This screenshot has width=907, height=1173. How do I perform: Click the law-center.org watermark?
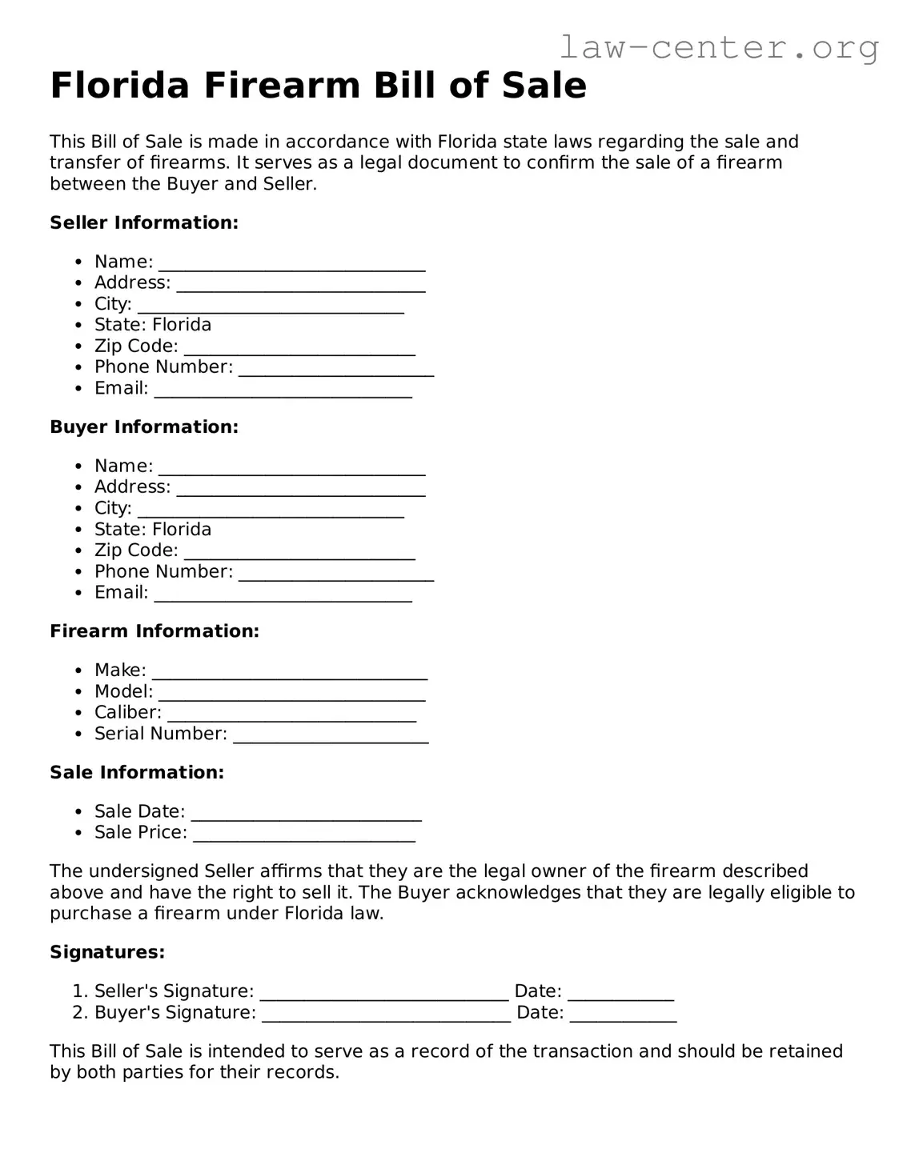click(718, 47)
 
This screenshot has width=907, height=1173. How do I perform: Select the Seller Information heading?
click(144, 222)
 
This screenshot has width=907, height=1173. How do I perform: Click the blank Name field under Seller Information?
click(291, 264)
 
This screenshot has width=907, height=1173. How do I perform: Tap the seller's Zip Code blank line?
click(299, 348)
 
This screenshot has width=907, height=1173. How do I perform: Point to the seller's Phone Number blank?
click(336, 369)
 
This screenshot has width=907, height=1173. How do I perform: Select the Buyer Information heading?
click(144, 426)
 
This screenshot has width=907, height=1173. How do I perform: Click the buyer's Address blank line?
click(301, 489)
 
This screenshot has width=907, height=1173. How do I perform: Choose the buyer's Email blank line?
click(283, 595)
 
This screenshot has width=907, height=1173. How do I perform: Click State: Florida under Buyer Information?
click(153, 530)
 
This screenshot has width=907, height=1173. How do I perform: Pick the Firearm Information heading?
click(155, 631)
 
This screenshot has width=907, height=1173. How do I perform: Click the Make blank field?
click(290, 672)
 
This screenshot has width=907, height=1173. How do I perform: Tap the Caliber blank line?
click(291, 715)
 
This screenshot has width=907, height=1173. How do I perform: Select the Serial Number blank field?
click(331, 735)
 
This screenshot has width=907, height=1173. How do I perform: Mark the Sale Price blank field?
click(304, 835)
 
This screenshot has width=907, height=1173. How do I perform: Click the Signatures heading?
click(107, 952)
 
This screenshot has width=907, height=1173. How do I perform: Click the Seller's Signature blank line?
click(384, 993)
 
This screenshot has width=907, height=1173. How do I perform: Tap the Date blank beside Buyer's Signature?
click(623, 1015)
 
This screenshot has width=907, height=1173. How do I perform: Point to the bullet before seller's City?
click(78, 305)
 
